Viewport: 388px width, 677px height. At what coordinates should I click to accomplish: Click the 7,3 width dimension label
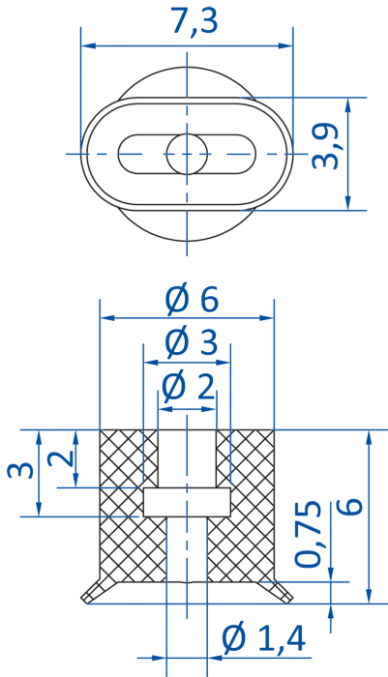(x=194, y=21)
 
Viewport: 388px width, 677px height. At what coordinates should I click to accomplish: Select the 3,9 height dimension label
(x=325, y=146)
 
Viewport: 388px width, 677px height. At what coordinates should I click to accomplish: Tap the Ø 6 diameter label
(x=192, y=299)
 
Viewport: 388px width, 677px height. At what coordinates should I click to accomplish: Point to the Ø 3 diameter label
(x=191, y=343)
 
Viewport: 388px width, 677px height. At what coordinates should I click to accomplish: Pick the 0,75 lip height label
(x=308, y=534)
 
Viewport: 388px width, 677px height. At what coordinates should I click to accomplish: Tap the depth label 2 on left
(x=60, y=458)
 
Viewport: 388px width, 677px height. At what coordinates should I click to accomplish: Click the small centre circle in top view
(x=187, y=154)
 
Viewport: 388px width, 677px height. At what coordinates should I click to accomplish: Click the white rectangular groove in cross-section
(x=187, y=502)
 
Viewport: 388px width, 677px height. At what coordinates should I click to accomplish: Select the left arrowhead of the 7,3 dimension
(x=88, y=45)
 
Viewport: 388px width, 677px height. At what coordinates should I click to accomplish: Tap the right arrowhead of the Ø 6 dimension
(x=266, y=318)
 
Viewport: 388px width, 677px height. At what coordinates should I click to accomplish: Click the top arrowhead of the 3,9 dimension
(x=347, y=105)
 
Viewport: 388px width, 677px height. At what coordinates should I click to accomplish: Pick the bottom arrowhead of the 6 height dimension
(x=369, y=596)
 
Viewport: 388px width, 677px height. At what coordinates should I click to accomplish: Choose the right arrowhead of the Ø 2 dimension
(x=209, y=408)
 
